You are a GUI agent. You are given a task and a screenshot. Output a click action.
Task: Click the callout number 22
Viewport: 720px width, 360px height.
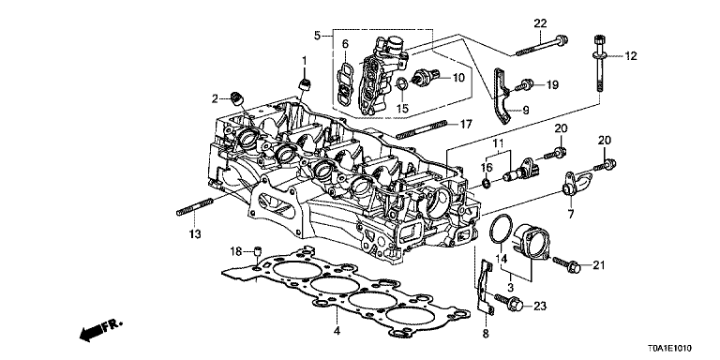pyautogui.click(x=540, y=22)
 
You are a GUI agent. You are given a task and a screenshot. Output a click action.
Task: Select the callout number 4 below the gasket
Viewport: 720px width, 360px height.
pyautogui.click(x=336, y=331)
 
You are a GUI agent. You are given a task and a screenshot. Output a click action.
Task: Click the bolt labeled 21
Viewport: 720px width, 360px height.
pyautogui.click(x=568, y=267)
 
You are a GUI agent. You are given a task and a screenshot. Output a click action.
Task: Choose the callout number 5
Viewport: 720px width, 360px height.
pyautogui.click(x=317, y=37)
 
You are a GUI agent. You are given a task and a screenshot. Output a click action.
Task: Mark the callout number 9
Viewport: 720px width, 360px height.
pyautogui.click(x=524, y=111)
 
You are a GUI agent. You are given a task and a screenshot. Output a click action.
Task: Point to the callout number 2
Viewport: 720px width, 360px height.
pyautogui.click(x=215, y=98)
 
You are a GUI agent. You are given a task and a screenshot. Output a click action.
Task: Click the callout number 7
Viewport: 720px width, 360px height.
pyautogui.click(x=569, y=215)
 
